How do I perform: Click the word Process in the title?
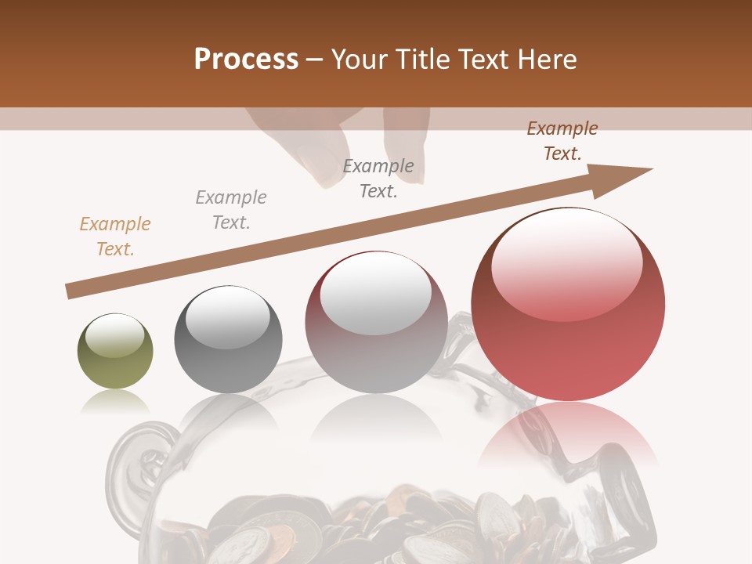pos(246,60)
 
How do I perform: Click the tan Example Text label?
pos(115,237)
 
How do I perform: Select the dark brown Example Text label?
pos(562,141)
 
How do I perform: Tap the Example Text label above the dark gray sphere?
pos(231,210)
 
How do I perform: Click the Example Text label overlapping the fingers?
pos(378,179)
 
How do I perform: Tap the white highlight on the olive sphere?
pos(115,335)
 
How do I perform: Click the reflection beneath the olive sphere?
pos(115,402)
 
